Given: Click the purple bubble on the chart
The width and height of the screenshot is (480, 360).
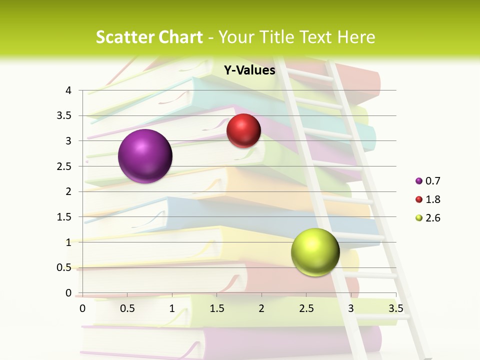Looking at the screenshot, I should pos(145,156).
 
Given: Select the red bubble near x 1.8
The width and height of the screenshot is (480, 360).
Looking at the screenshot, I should pos(243,131).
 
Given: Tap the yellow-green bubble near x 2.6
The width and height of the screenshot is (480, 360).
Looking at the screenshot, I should pos(315,252).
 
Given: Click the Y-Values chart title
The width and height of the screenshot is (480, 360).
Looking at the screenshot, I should pos(249,70).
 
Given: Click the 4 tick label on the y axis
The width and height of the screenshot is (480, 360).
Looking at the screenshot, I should pos(69,90).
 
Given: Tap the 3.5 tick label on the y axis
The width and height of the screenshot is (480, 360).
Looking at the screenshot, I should pos(64,115).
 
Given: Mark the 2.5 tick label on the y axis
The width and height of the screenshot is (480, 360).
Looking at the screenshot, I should pos(64,166).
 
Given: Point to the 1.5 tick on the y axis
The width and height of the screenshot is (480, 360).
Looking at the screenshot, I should pos(64,217).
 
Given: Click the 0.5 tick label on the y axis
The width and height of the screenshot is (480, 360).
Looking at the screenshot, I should pos(64,267).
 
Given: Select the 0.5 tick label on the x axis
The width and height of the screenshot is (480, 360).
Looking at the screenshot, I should pos(127,308).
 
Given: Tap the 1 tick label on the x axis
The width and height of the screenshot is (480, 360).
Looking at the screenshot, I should pos(172,308).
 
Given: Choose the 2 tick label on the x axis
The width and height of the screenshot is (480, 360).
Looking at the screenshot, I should pos(261,308).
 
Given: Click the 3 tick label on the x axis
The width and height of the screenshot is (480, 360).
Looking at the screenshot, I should pos(351,308).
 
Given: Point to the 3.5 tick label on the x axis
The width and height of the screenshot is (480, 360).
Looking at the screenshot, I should pos(395,308).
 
